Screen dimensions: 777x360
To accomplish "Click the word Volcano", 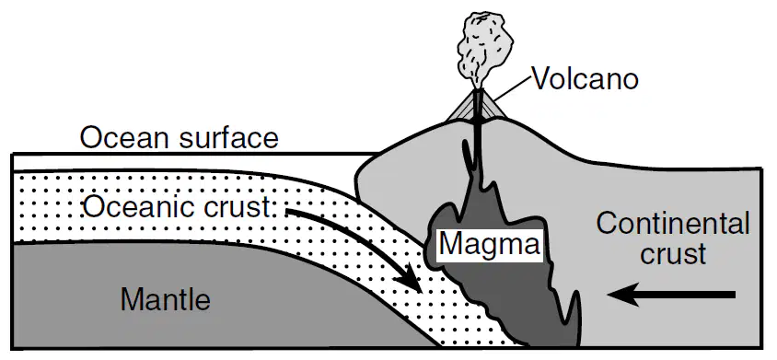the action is point(585,79).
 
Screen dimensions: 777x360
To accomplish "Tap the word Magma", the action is point(490,245).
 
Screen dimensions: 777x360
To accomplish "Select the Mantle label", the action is point(166,299).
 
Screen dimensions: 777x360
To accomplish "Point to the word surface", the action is point(228,137).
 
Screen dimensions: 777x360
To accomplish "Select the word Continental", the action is point(673,224).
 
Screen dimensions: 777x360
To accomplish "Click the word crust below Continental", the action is point(673,254).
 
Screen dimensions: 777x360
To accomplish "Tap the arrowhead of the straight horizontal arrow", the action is point(620,295).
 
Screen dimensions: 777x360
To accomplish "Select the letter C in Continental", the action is point(607,224).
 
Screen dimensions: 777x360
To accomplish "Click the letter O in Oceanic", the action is point(94,207).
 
